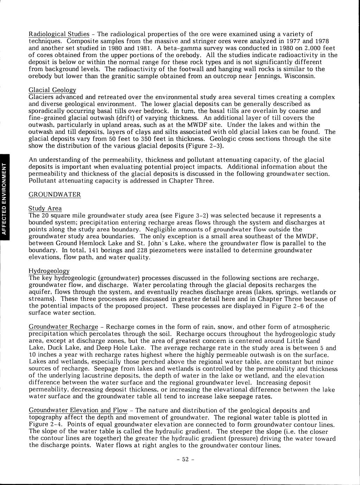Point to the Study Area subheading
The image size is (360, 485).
click(45, 208)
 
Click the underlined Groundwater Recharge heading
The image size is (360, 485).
click(63, 327)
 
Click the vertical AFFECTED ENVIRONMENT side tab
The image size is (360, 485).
click(4, 197)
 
